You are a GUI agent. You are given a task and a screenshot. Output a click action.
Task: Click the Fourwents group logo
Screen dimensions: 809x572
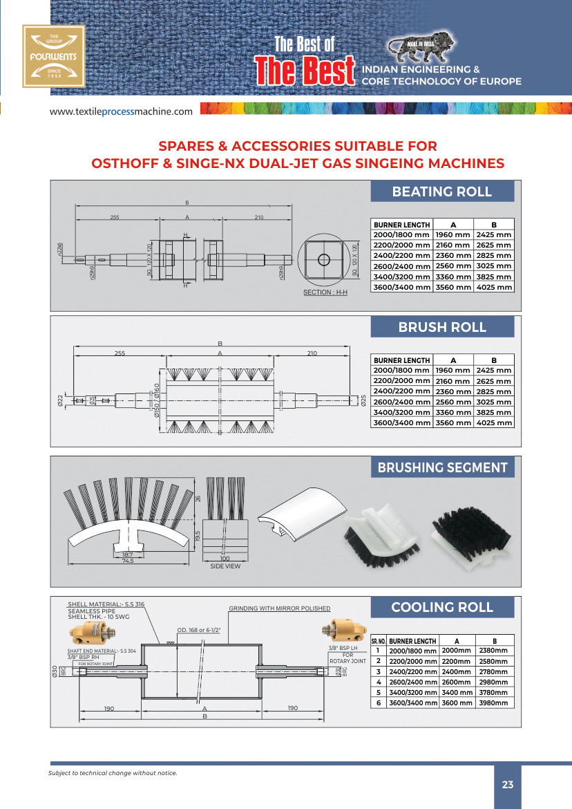pyautogui.click(x=53, y=56)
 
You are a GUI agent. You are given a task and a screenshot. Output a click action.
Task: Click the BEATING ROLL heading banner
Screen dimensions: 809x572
pyautogui.click(x=442, y=192)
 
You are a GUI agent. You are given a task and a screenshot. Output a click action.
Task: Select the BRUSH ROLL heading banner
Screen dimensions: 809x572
pyautogui.click(x=442, y=327)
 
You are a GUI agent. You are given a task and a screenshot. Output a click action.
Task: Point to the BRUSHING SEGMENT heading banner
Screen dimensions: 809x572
pyautogui.click(x=442, y=467)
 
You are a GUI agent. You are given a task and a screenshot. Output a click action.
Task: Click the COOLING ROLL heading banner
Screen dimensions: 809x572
pyautogui.click(x=442, y=607)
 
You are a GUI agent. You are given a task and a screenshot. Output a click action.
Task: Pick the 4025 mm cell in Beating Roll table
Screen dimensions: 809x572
pyautogui.click(x=494, y=287)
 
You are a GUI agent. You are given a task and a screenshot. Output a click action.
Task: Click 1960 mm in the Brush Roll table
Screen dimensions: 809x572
pyautogui.click(x=452, y=371)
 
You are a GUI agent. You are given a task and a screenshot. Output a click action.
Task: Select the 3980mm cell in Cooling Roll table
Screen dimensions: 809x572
pyautogui.click(x=494, y=703)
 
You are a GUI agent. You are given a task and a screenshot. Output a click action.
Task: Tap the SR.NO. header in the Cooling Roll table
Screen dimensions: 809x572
pyautogui.click(x=379, y=641)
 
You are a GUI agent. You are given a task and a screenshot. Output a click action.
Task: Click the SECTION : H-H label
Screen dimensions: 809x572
pyautogui.click(x=325, y=292)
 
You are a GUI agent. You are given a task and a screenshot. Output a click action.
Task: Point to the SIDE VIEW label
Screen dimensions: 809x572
pyautogui.click(x=225, y=567)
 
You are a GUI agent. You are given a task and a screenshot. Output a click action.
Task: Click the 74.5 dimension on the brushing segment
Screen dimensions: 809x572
pyautogui.click(x=127, y=561)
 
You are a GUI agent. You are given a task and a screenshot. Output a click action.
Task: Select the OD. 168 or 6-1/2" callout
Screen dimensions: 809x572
pyautogui.click(x=203, y=630)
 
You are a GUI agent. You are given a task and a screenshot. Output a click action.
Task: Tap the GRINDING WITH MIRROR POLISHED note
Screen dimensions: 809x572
pyautogui.click(x=280, y=608)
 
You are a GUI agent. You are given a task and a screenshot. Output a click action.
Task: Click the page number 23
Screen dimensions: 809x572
pyautogui.click(x=508, y=785)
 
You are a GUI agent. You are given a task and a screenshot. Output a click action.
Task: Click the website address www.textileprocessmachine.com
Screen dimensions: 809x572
pyautogui.click(x=121, y=111)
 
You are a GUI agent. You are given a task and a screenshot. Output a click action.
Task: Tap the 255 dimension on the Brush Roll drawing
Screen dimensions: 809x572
pyautogui.click(x=120, y=353)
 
